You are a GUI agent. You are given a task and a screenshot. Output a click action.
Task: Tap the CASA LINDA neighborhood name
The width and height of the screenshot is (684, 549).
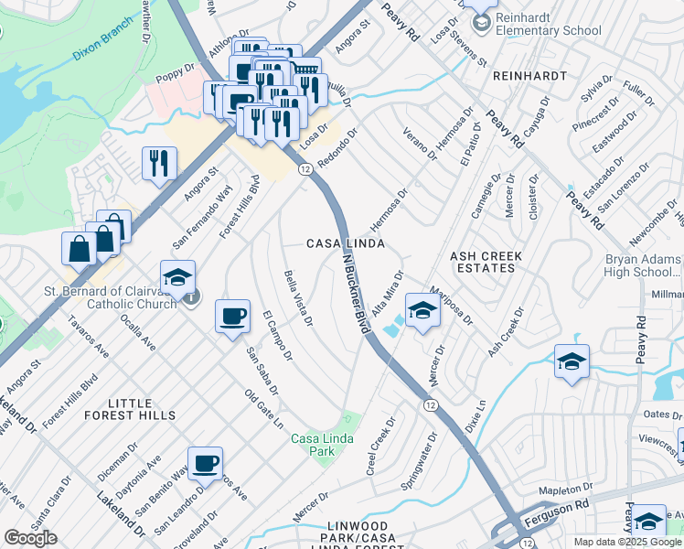point(344,243)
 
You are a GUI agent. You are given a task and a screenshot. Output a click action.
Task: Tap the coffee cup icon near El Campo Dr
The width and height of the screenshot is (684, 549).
point(232,316)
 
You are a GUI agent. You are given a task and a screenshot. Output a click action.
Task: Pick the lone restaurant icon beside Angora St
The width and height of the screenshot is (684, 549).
point(159,163)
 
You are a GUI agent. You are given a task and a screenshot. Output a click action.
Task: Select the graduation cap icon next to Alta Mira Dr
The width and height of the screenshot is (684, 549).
point(422,311)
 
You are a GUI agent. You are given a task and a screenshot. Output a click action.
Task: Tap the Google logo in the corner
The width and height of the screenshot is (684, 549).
point(30,538)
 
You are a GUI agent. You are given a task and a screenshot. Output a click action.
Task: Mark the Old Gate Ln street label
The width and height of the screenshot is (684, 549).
point(263,410)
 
